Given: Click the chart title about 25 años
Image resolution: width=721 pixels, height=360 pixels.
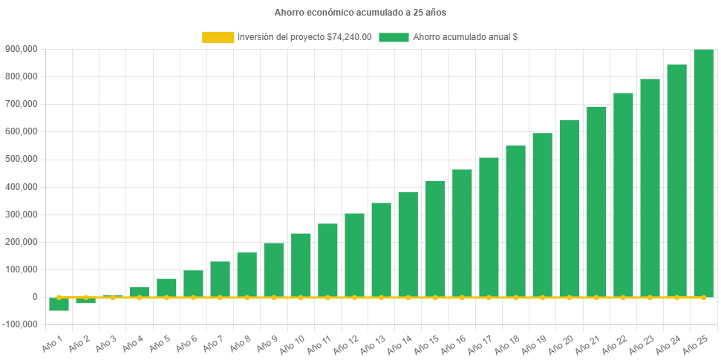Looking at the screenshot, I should (x=360, y=13).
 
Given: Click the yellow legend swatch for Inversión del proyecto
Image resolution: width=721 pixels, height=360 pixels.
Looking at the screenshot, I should (x=218, y=37).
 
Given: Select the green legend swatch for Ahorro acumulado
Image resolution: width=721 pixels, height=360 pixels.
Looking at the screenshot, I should (x=394, y=37).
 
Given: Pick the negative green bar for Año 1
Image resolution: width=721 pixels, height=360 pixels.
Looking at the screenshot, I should (x=59, y=304).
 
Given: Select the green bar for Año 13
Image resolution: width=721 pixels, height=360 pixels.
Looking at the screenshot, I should (x=381, y=249).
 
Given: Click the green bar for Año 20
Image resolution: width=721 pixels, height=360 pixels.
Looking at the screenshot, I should (x=569, y=208).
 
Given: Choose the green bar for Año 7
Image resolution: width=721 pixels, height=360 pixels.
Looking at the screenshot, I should (x=220, y=278).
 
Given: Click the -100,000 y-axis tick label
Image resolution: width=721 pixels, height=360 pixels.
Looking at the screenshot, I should (x=21, y=324).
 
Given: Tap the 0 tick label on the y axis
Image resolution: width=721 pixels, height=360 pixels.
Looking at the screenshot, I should (x=35, y=297).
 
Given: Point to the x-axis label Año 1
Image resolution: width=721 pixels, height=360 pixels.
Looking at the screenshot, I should (x=53, y=341).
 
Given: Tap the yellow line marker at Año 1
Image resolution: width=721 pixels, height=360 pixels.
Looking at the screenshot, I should (x=59, y=297).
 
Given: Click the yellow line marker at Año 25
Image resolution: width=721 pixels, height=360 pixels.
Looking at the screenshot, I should (x=703, y=297).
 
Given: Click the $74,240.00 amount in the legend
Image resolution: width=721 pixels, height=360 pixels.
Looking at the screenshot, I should (x=349, y=37).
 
